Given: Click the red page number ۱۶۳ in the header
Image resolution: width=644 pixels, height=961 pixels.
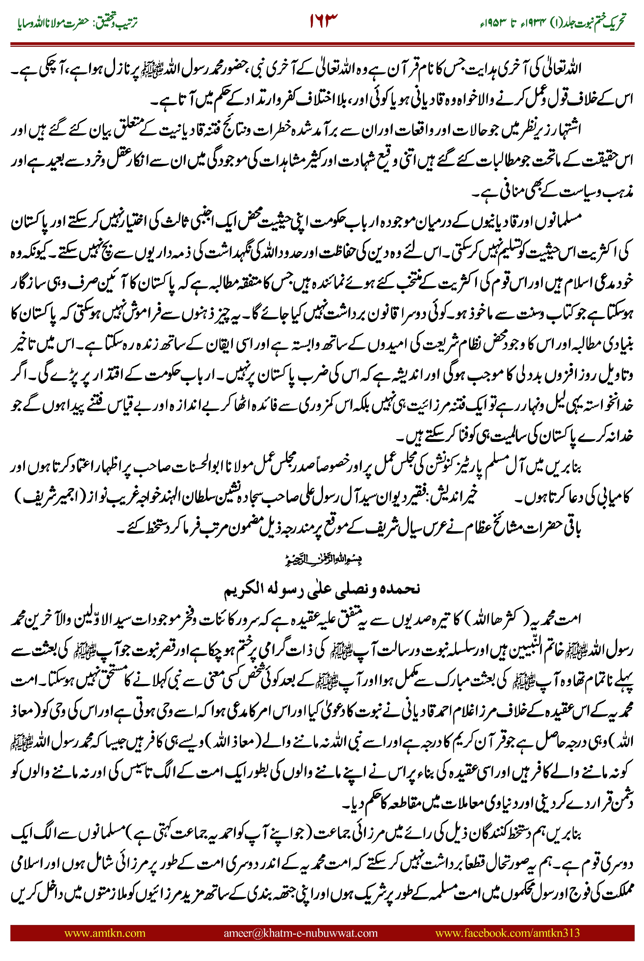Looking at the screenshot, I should [323, 21].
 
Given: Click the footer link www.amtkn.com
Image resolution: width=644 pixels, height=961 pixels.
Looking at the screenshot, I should [105, 933].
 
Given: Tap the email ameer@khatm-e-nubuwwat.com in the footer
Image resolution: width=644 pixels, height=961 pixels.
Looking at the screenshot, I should [300, 933].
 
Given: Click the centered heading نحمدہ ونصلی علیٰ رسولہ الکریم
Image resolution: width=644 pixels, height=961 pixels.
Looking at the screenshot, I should [322, 588].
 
